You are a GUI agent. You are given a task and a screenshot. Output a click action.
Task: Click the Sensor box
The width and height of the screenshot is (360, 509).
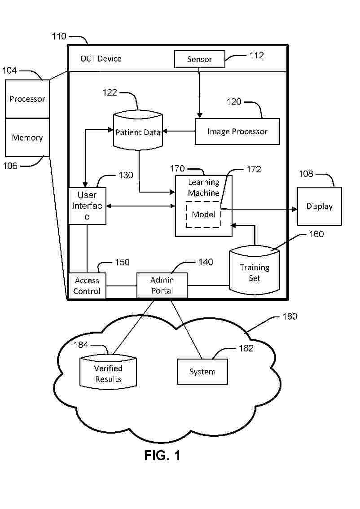199,59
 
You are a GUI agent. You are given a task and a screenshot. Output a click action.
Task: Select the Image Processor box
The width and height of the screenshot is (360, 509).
237,132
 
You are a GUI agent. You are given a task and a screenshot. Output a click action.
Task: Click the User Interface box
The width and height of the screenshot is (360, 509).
87,206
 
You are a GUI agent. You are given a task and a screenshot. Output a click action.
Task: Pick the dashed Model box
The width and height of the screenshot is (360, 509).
203,215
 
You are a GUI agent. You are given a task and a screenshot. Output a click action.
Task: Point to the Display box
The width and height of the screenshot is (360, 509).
319,206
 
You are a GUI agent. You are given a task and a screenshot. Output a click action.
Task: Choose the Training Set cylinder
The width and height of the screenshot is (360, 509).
254,272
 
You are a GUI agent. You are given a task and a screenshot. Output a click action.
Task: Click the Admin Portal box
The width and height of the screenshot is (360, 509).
162,285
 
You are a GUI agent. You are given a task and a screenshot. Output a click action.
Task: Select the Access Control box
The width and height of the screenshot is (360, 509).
87,285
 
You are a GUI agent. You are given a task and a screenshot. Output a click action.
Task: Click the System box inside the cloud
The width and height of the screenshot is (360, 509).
202,372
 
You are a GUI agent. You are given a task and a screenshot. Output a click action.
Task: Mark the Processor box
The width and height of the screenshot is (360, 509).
27,99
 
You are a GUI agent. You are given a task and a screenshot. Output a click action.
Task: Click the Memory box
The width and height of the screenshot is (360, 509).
27,137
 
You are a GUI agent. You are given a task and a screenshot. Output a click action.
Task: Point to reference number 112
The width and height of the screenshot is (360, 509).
256,56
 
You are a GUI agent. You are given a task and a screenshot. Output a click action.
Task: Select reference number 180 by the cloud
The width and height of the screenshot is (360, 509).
290,316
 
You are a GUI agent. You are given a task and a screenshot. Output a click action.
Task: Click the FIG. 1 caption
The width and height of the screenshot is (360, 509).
162,455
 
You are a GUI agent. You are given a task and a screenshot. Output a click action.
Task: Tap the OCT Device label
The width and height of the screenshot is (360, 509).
101,58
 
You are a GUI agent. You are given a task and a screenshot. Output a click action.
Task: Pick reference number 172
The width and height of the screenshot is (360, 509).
254,169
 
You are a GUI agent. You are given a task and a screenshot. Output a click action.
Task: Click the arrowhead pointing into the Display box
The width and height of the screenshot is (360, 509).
294,209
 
